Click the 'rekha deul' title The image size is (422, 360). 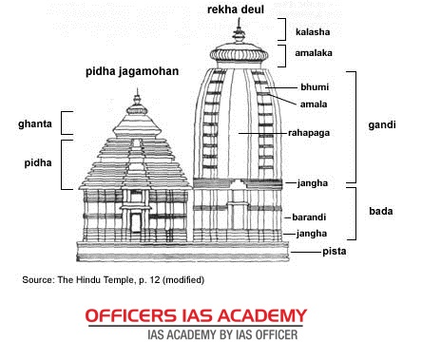236,9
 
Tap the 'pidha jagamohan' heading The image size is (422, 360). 132,71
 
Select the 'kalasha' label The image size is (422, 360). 313,31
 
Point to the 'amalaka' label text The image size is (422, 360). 314,53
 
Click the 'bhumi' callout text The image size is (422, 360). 315,87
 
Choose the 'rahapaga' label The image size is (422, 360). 309,133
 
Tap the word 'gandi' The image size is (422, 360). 382,125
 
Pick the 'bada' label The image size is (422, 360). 381,211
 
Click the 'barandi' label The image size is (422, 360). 309,218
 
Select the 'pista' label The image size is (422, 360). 335,252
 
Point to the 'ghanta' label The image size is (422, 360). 35,123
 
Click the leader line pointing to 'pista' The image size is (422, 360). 306,252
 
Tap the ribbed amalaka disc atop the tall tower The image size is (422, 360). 239,54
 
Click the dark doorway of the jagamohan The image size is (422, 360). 136,222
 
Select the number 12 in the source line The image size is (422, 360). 155,280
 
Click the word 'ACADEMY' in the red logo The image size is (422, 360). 262,315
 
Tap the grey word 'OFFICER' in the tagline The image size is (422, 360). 277,334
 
